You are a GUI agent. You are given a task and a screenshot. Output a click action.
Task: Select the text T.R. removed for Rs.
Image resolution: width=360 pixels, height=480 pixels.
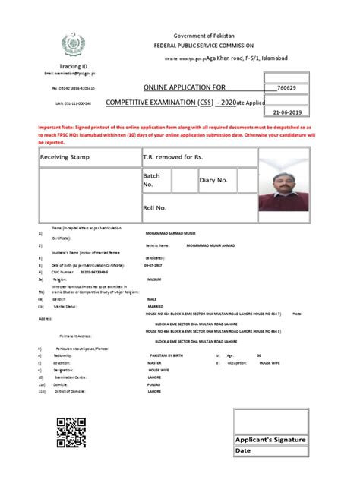[173, 156]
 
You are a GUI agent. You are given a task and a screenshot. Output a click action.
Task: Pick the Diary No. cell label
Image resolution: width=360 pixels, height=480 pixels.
[213, 180]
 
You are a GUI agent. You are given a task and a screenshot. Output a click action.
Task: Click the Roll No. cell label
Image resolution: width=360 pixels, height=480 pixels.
[155, 207]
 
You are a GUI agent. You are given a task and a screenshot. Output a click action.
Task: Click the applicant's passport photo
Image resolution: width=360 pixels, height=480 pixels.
[289, 183]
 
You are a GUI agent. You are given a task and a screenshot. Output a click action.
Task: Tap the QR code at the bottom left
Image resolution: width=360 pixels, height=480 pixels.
[72, 431]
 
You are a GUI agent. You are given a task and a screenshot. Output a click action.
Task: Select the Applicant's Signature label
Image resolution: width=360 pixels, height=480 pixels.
[270, 440]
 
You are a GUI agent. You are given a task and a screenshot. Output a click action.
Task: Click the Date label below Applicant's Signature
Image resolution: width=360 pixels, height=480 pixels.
[244, 450]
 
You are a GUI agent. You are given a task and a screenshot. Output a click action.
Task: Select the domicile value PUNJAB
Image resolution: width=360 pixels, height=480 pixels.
[154, 384]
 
